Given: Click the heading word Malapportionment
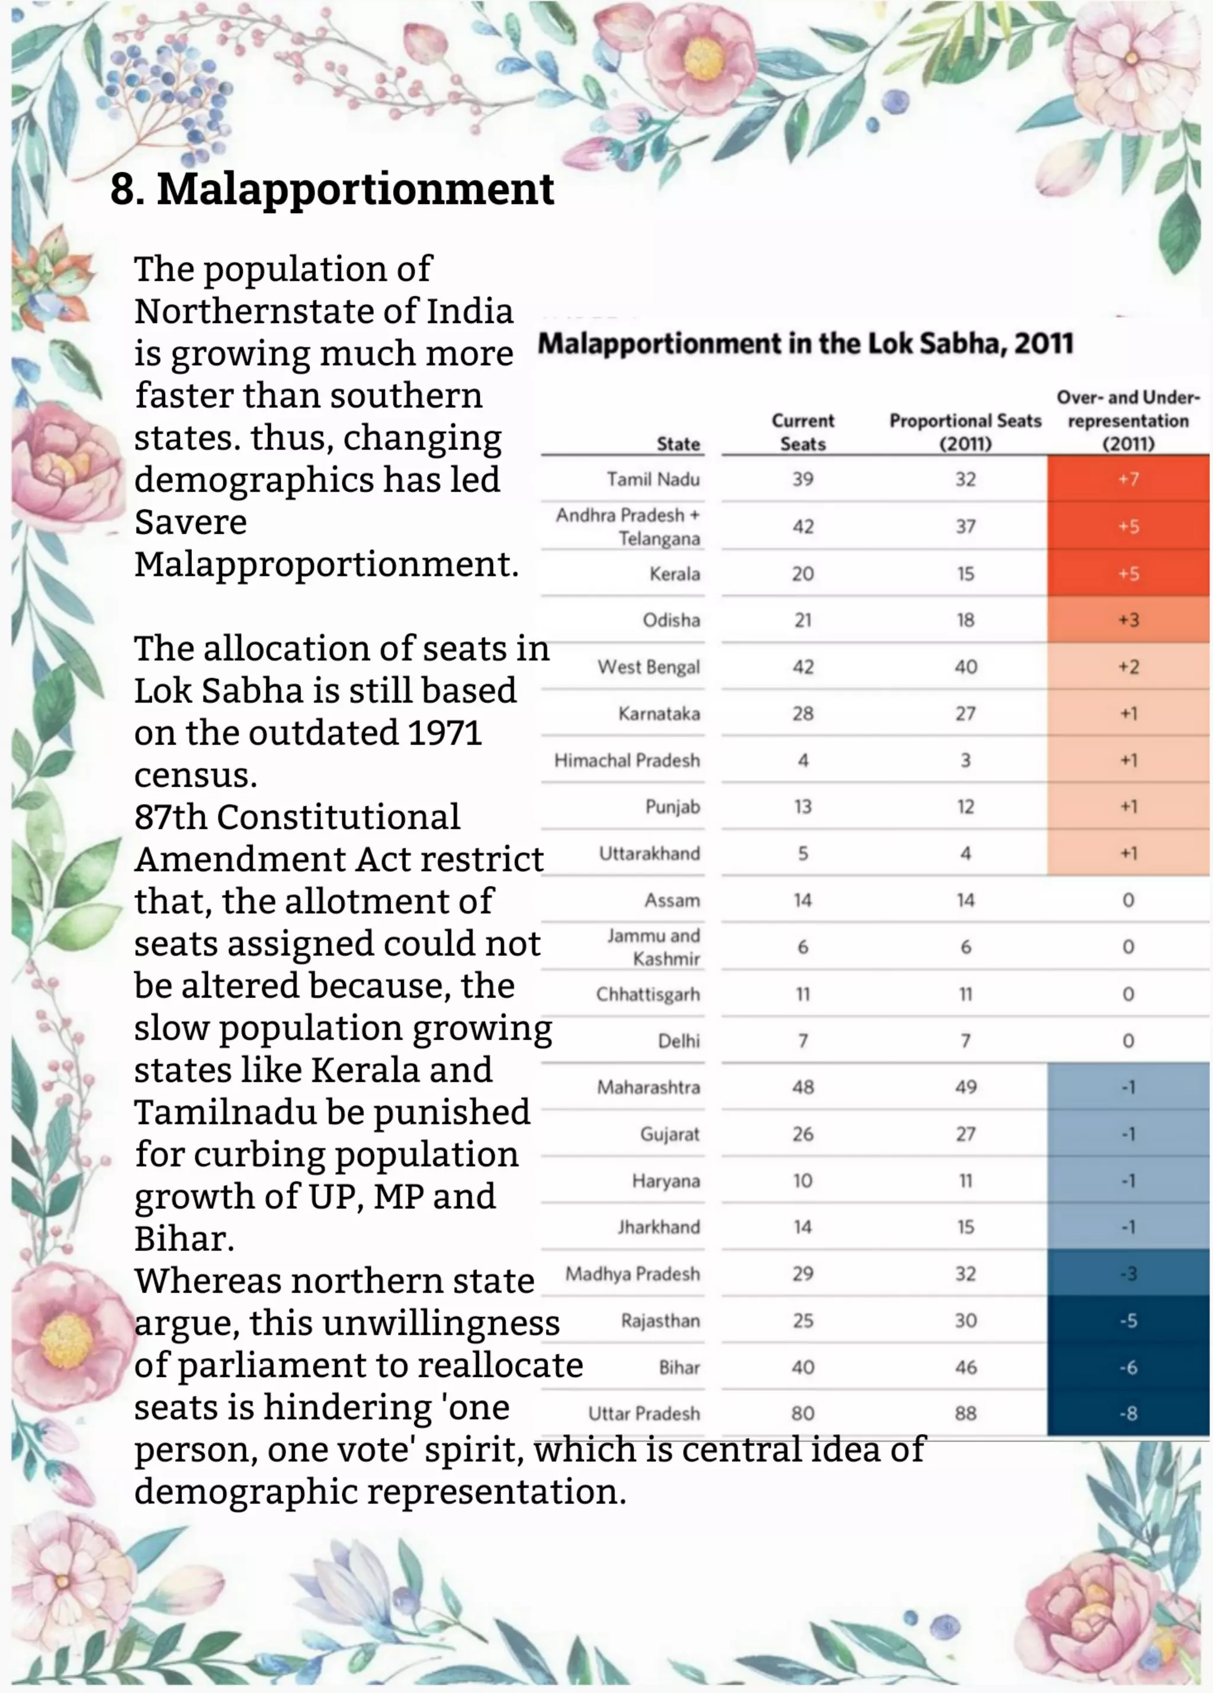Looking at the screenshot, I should point(355,189).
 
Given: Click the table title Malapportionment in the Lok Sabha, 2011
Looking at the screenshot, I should point(806,344).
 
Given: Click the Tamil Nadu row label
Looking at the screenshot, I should point(653,479).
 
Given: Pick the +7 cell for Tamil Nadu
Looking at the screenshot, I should point(1128,479).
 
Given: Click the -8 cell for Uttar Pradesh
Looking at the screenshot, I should point(1128,1413).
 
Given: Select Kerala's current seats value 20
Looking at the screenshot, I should point(803,574).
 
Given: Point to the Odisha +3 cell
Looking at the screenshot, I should point(1128,620).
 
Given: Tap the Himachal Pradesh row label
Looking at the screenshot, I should point(627,761).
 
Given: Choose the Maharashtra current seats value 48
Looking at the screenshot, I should point(803,1087).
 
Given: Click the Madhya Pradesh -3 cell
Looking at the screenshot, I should point(1128,1274).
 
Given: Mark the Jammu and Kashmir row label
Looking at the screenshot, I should point(654,947).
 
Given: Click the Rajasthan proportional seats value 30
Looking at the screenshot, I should point(965,1320).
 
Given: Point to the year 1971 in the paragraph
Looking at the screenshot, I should point(444,733).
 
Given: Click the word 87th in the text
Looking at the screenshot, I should point(170,817).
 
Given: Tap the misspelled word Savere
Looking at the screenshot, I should point(190,522).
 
